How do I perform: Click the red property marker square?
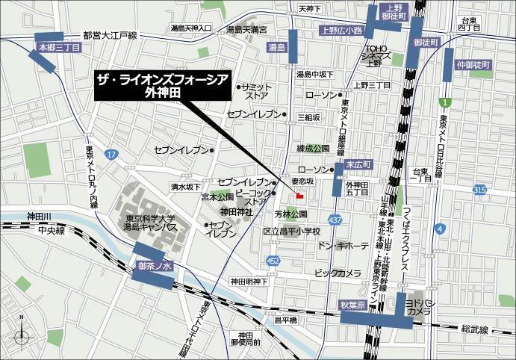299,196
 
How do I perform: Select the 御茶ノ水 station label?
155,264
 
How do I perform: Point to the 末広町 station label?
358,164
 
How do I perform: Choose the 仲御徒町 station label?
471,64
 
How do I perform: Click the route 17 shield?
111,154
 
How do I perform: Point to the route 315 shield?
479,191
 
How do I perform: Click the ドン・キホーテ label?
343,245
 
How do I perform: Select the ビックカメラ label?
338,273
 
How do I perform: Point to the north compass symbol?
22,333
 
